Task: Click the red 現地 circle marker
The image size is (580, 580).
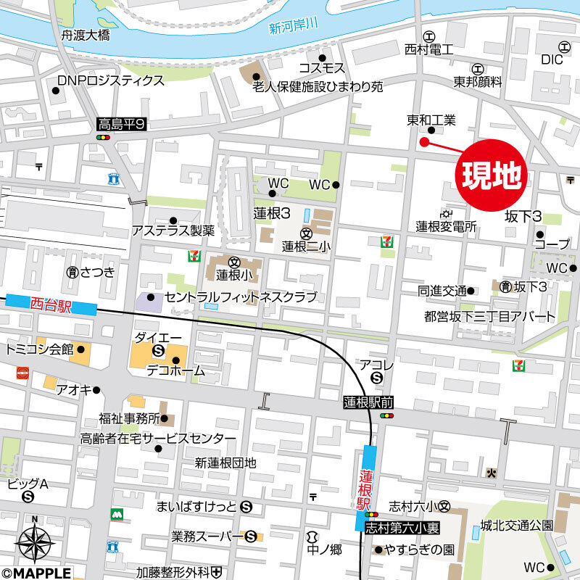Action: [x=491, y=174]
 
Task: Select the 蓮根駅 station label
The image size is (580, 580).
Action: [x=365, y=489]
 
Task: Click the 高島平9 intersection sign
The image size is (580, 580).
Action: [x=122, y=125]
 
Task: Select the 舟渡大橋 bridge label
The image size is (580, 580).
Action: [x=86, y=34]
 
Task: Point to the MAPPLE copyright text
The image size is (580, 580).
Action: [x=36, y=573]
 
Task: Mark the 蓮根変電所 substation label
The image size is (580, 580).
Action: [x=446, y=227]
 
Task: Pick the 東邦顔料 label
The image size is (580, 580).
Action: [x=478, y=82]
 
